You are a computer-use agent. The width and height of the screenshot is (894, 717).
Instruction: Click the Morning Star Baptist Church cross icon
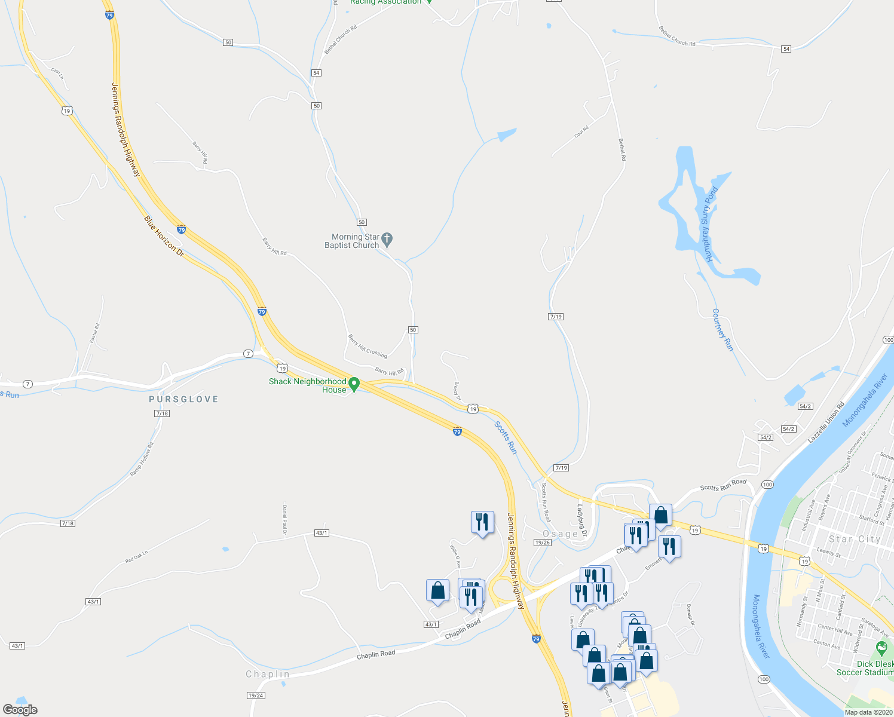click(x=387, y=240)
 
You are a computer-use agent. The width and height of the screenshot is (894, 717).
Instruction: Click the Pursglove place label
click(x=183, y=399)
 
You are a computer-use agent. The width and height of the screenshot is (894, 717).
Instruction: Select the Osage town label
click(x=560, y=534)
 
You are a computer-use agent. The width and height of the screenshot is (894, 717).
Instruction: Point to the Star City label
click(x=855, y=539)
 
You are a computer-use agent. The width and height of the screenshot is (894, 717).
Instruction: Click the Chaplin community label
click(x=268, y=674)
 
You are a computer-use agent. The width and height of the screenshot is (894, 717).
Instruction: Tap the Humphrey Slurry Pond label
click(x=710, y=225)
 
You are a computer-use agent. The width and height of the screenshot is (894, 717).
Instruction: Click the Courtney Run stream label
click(x=722, y=330)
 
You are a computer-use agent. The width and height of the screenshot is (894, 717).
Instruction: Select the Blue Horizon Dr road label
click(x=164, y=237)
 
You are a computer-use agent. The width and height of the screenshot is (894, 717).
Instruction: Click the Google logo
click(x=20, y=710)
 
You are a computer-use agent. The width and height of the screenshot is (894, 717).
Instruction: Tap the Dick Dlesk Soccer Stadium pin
click(x=881, y=648)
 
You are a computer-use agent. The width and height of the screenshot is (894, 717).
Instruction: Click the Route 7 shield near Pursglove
click(x=248, y=354)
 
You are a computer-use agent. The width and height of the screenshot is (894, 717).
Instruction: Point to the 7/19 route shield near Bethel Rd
click(x=555, y=317)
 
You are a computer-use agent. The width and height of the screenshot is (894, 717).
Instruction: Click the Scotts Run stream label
click(x=506, y=437)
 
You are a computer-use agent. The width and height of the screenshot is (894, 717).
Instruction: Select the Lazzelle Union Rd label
click(x=826, y=422)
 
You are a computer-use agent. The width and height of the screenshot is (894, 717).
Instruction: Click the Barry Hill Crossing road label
click(x=368, y=347)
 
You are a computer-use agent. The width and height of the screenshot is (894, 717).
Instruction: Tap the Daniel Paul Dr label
click(x=284, y=520)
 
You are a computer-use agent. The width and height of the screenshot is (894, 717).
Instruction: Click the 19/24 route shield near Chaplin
click(x=255, y=695)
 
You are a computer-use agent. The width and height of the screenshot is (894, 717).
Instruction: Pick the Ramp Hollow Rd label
click(x=142, y=459)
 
